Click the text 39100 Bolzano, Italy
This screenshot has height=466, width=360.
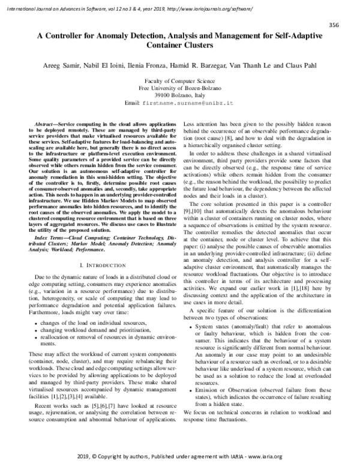click(179, 95)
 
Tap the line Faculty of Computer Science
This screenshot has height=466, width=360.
click(179, 80)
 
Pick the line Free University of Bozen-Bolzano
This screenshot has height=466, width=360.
click(179, 88)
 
